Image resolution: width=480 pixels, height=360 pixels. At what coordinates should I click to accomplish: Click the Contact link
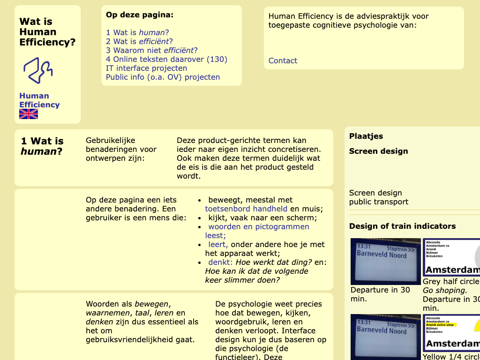coord(283,60)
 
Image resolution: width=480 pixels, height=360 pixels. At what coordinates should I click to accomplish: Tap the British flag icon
coord(29,114)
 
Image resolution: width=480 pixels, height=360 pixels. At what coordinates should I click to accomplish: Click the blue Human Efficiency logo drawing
coord(37,70)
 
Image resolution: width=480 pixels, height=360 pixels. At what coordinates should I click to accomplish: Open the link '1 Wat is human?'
coord(137,32)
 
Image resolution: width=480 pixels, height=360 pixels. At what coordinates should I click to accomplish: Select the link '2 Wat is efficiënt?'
coord(139,41)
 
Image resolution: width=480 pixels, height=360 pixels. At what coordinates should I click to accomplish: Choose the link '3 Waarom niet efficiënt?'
coord(151,50)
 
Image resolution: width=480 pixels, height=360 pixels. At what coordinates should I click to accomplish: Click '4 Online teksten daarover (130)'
coord(166,59)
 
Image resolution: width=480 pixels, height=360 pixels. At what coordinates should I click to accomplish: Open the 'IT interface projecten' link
coord(146,68)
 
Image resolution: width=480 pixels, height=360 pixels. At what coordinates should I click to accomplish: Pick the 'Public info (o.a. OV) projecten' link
coord(163,77)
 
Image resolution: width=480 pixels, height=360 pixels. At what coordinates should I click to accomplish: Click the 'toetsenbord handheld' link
coord(246,209)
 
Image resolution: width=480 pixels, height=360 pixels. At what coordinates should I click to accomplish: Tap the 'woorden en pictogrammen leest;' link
coord(259,226)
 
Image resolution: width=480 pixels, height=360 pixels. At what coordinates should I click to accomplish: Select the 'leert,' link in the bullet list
coord(218,244)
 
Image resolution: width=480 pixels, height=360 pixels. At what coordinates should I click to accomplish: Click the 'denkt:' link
coord(220,262)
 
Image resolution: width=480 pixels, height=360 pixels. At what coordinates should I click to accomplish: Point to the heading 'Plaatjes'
coord(366,136)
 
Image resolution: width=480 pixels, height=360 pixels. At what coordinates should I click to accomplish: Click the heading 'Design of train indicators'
coord(402,226)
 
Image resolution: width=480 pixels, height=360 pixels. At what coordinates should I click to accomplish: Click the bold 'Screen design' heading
coord(378,151)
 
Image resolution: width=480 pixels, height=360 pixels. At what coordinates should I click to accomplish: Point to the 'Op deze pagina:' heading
coord(140,15)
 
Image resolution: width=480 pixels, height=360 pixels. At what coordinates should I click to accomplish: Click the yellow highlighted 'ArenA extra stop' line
coord(440,324)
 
